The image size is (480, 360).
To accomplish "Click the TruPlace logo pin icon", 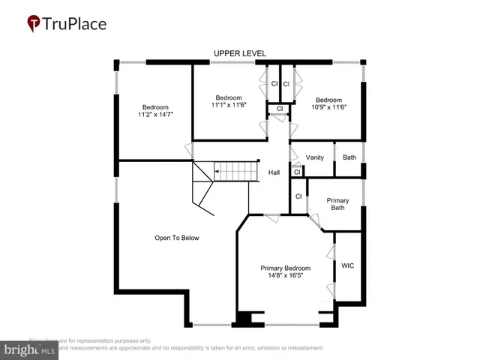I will tap(34, 24).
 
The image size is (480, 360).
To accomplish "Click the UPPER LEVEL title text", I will tap(239, 53).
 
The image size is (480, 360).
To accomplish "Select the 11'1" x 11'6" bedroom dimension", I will tap(229, 106).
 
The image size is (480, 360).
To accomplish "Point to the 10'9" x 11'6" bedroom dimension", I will tap(328, 107).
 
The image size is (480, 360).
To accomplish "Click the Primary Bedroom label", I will tap(285, 268).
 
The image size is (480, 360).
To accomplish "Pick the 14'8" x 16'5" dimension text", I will tap(285, 276).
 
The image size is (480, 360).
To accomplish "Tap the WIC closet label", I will tap(347, 265).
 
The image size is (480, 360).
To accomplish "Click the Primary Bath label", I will tap(339, 204).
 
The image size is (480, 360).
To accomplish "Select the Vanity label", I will tap(314, 157).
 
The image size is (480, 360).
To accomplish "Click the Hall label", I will tap(274, 172).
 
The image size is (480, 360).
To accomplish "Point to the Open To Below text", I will tap(176, 238).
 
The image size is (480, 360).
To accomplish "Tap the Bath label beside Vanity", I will tap(349, 157).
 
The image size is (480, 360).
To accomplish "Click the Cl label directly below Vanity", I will tap(297, 172).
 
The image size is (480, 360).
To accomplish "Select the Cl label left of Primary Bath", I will tap(298, 196).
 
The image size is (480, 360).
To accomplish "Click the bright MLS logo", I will tap(30, 349).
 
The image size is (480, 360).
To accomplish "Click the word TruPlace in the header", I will tap(75, 24).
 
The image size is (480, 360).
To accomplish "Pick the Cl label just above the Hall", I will tap(279, 109).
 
